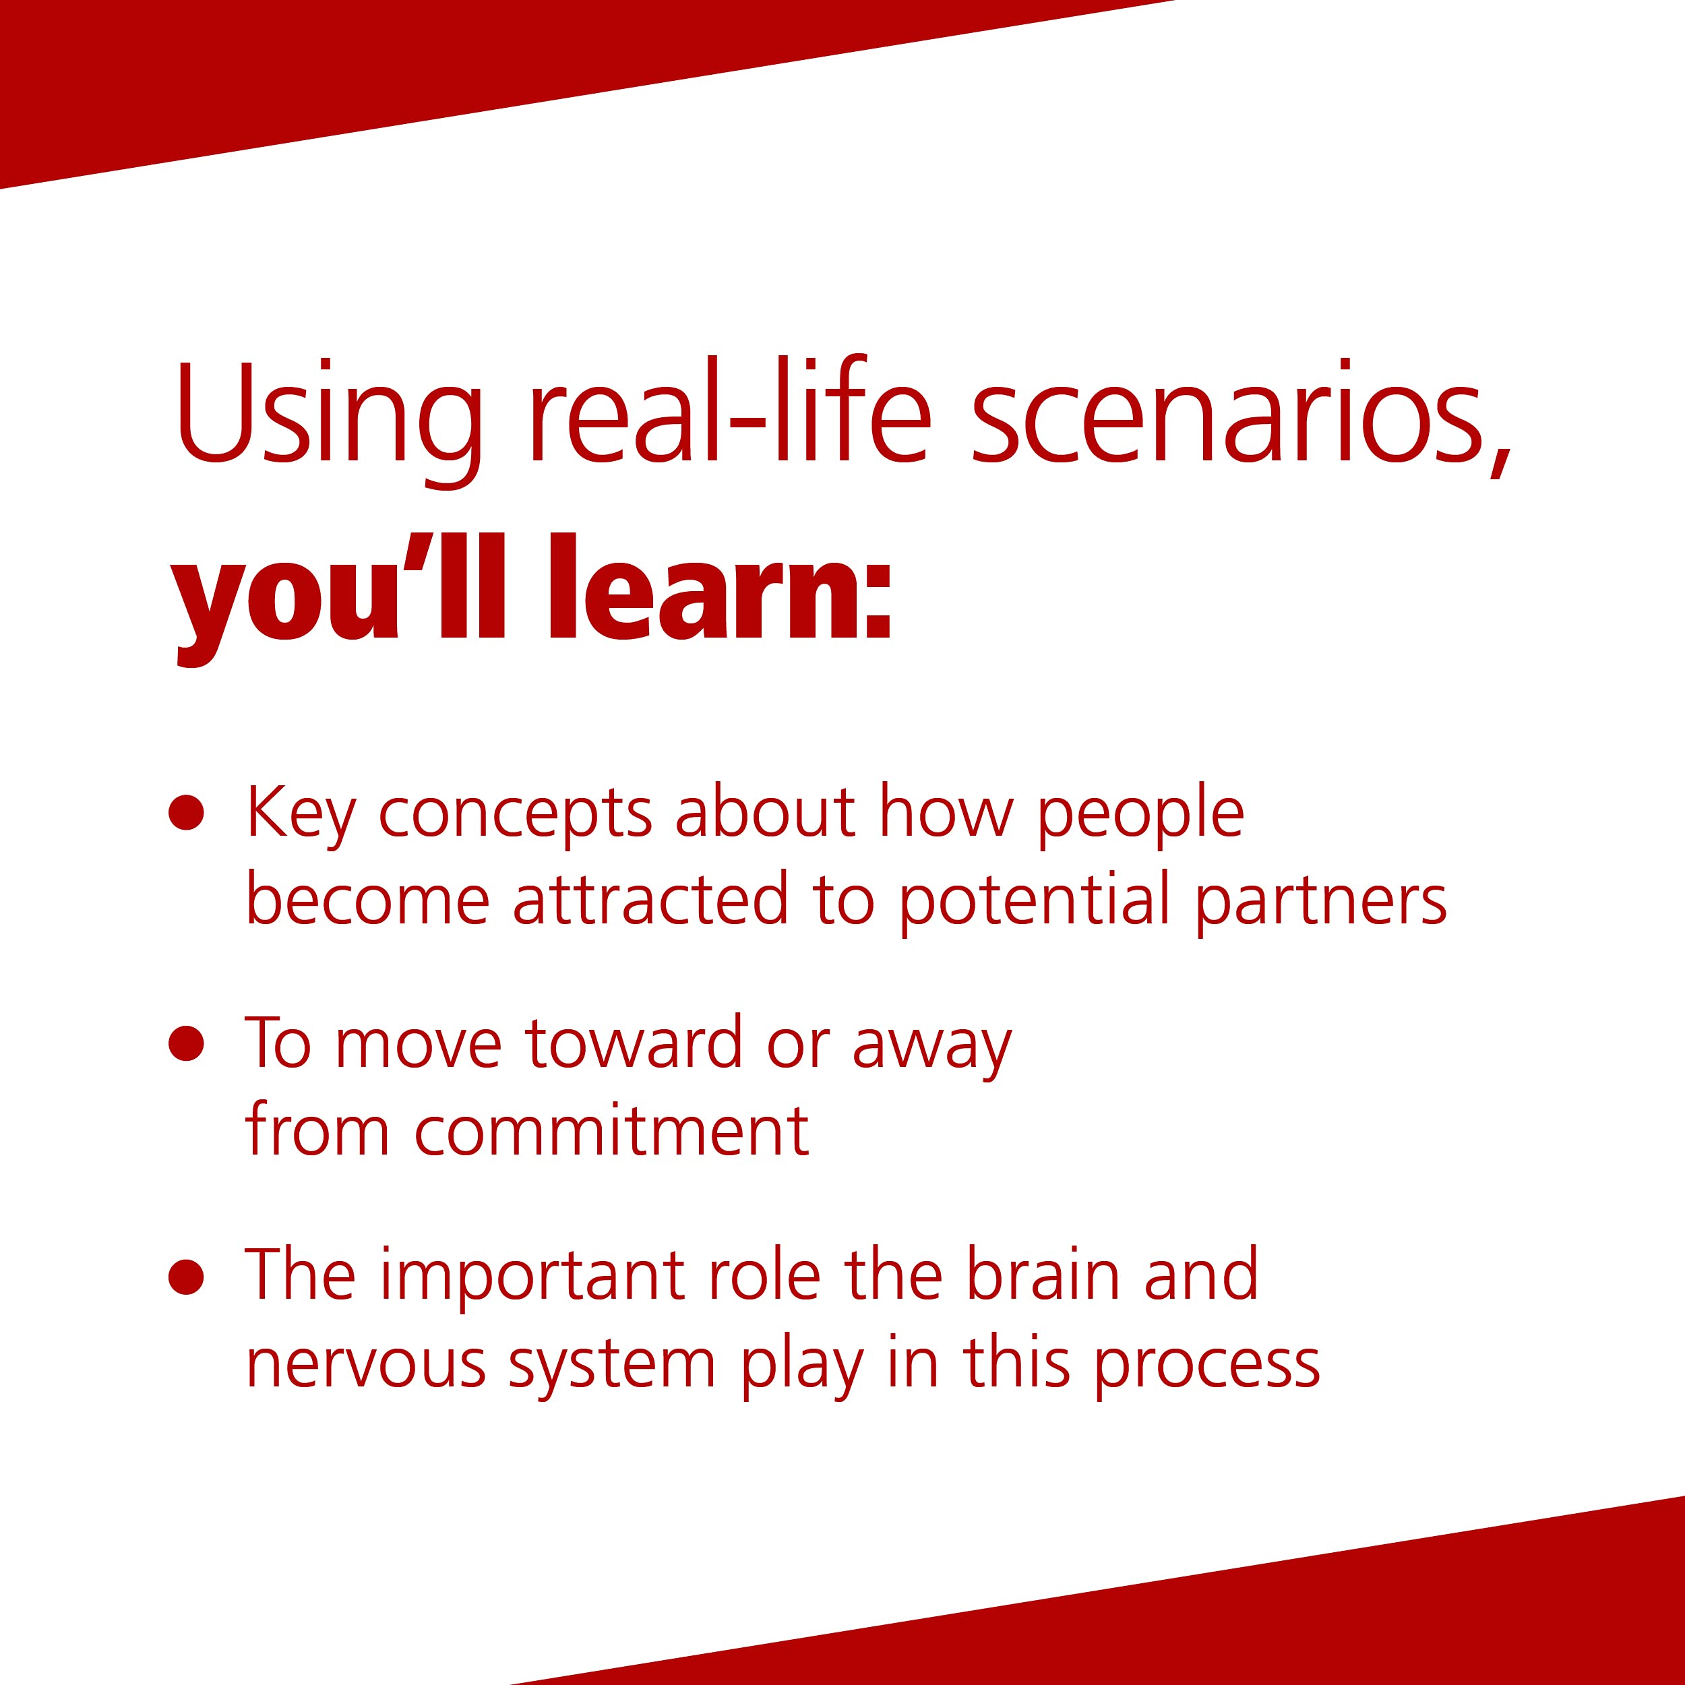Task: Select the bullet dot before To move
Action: pos(187,1044)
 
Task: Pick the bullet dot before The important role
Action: pos(187,1277)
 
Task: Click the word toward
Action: pos(633,1043)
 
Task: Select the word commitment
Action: pos(612,1132)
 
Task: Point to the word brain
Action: pos(1043,1275)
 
